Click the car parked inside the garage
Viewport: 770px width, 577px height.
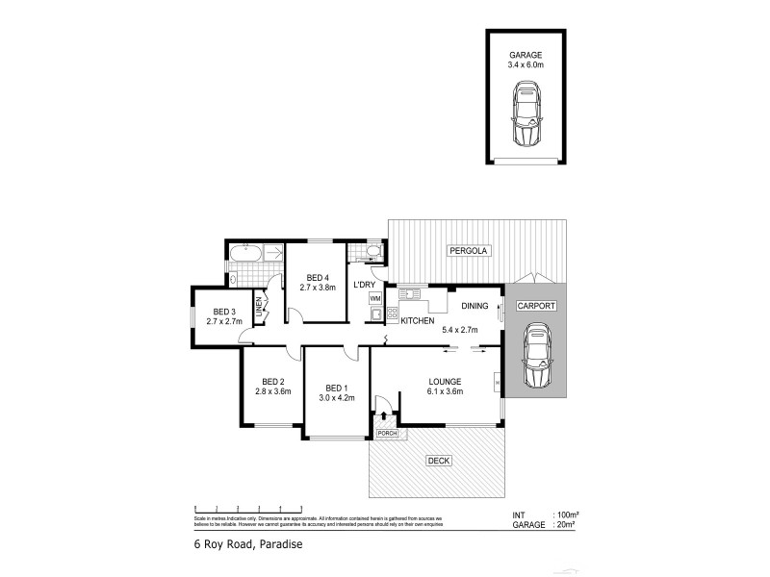tap(526, 113)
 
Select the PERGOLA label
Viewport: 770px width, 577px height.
tap(470, 251)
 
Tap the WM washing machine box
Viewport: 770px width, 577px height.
tap(374, 299)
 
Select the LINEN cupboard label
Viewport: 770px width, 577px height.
tap(260, 308)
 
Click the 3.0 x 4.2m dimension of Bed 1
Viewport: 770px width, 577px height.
tap(337, 397)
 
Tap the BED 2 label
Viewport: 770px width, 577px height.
tap(272, 380)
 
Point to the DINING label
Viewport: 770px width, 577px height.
tap(475, 305)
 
